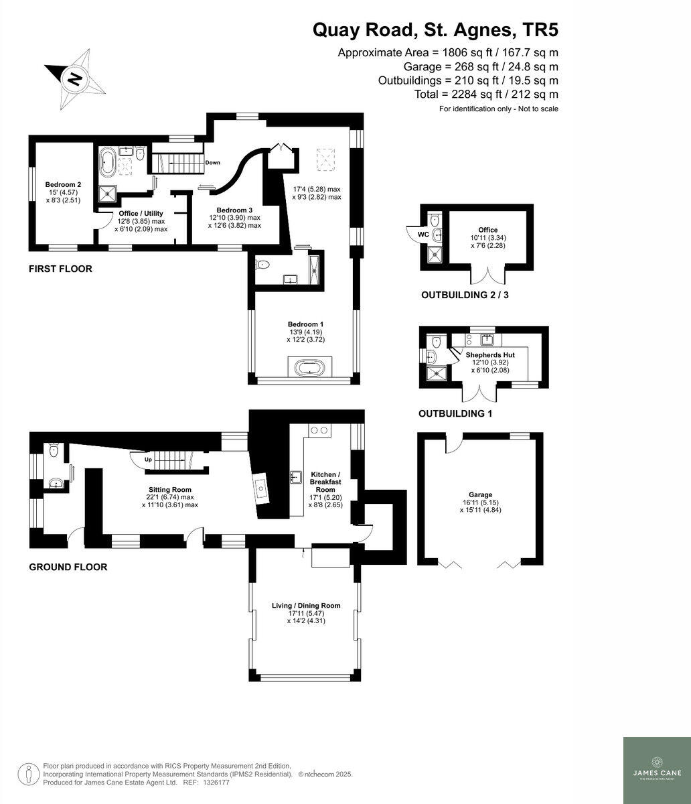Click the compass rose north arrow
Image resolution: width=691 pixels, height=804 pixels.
[75, 80]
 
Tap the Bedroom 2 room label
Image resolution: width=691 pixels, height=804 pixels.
[63, 184]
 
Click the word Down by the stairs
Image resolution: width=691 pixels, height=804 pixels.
[213, 163]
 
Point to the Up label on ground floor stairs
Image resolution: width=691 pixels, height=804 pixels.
[148, 460]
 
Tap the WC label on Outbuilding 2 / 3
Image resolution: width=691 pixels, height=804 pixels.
[423, 234]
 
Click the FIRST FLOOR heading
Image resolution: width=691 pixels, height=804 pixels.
[60, 269]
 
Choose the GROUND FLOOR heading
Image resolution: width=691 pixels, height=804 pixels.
[68, 567]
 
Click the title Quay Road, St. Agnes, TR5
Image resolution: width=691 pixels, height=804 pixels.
[435, 30]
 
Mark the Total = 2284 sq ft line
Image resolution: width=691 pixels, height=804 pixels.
[486, 94]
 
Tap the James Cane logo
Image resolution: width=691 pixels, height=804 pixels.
[656, 770]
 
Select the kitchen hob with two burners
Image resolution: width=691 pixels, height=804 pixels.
[317, 430]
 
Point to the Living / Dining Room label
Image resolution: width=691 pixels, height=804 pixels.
[306, 606]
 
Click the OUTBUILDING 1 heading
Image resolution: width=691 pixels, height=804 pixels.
[455, 414]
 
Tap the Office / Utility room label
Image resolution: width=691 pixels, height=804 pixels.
[141, 214]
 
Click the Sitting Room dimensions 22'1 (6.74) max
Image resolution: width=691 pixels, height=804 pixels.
[170, 497]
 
